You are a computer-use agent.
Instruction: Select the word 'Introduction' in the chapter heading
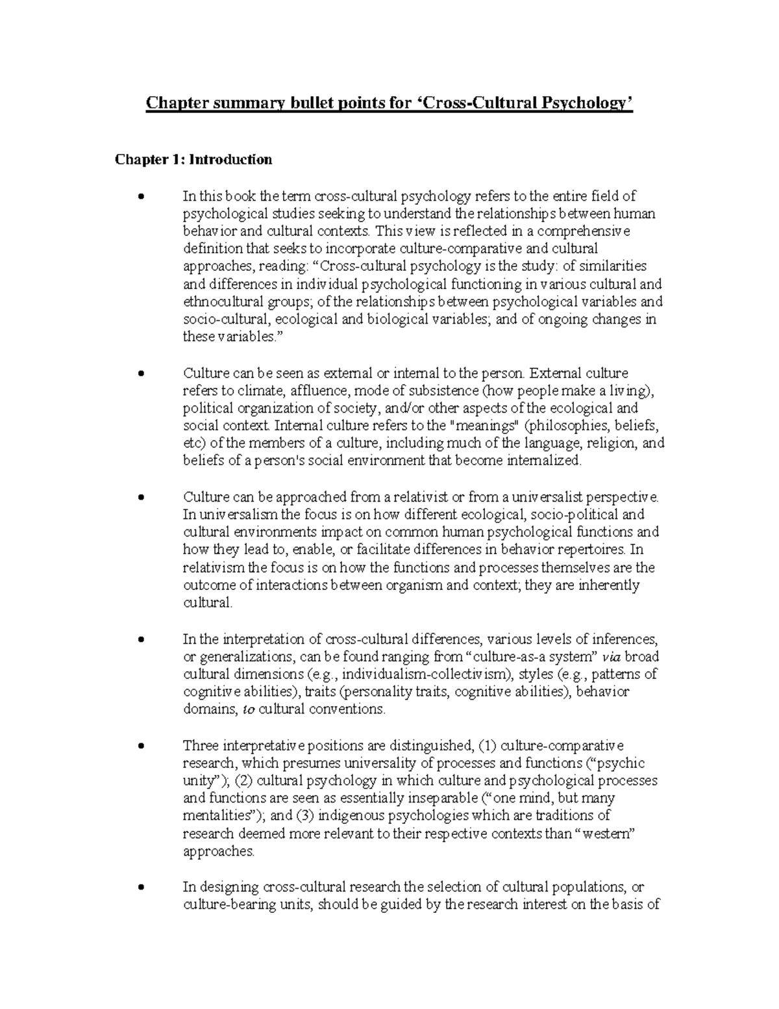click(x=230, y=160)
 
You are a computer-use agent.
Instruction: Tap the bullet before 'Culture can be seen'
click(x=141, y=374)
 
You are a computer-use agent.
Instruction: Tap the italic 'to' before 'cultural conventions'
click(x=248, y=709)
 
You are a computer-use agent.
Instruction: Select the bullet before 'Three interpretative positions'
click(x=141, y=746)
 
